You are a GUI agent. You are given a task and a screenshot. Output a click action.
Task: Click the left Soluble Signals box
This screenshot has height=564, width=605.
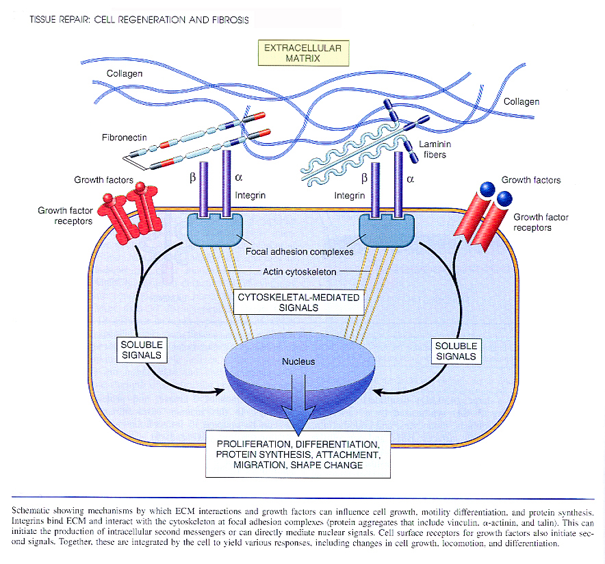pyautogui.click(x=141, y=350)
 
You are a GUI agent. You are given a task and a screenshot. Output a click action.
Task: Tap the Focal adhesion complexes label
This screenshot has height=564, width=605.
pyautogui.click(x=299, y=251)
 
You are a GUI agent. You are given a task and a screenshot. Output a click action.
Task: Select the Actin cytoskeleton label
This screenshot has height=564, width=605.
pyautogui.click(x=300, y=272)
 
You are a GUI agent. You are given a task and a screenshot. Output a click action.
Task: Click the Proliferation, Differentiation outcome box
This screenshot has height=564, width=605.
pyautogui.click(x=298, y=454)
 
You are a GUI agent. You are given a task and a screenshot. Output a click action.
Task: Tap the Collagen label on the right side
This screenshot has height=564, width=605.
pyautogui.click(x=522, y=102)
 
